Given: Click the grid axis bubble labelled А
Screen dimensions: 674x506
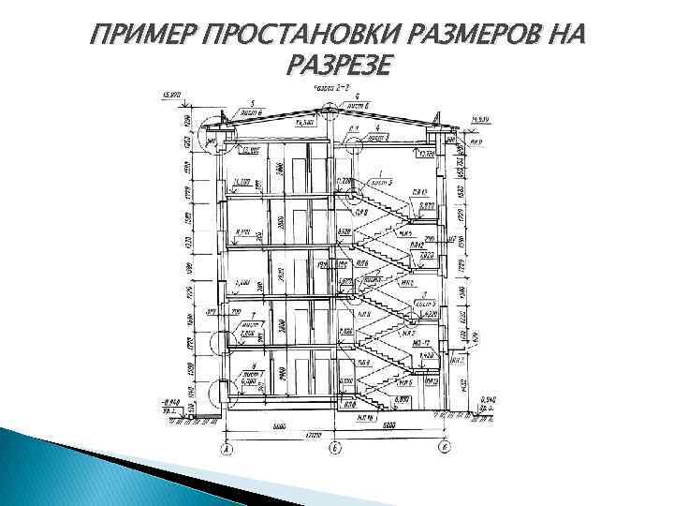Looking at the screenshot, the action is pyautogui.click(x=226, y=450).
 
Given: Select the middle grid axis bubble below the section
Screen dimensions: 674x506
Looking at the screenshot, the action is pyautogui.click(x=334, y=450).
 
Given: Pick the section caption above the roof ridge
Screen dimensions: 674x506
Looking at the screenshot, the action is pyautogui.click(x=331, y=87).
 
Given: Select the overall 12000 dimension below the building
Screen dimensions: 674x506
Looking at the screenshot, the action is pyautogui.click(x=335, y=437).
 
